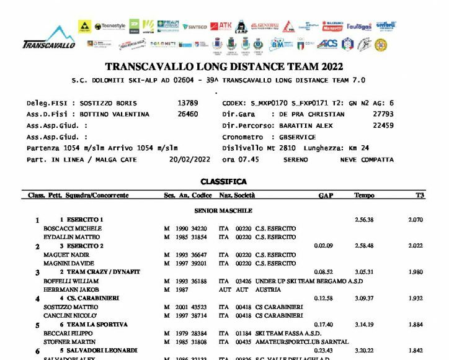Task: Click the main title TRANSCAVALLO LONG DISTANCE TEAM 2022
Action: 224,67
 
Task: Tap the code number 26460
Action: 187,114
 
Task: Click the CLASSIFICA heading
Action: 223,182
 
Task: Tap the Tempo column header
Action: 364,196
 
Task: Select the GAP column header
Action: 326,196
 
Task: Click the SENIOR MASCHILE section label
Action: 223,210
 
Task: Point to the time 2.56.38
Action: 364,220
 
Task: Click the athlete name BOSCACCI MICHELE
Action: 68,228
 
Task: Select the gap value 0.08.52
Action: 324,272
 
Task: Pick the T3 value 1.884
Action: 416,324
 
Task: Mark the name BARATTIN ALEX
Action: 303,125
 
